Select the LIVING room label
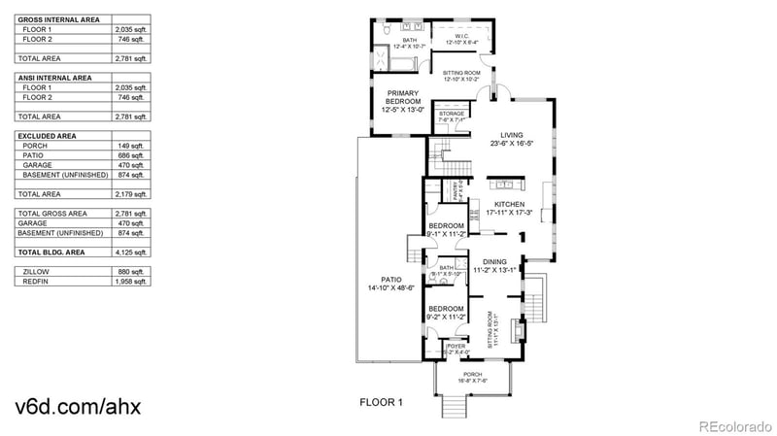510,135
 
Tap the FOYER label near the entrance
456,345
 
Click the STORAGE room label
452,114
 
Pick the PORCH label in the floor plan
472,374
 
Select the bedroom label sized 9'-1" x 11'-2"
447,226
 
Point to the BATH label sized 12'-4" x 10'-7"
396,40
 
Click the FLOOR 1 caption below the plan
381,400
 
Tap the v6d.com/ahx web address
78,405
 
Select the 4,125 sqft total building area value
130,252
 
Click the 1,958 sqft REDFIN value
130,282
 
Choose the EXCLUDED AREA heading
47,136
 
